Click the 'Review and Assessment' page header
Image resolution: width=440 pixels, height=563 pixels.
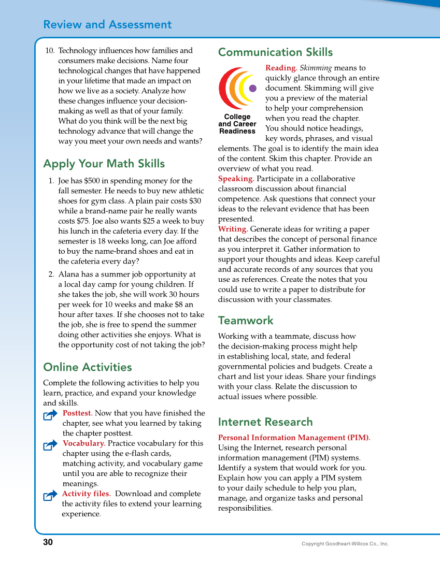(x=107, y=25)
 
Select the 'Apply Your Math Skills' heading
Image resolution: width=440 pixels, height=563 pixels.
(x=104, y=164)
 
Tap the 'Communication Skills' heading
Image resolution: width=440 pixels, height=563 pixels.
(x=275, y=52)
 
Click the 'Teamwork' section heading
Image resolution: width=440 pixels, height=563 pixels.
(x=246, y=321)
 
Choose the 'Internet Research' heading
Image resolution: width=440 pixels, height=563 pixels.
(x=265, y=422)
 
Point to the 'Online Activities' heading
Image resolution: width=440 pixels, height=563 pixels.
(x=88, y=367)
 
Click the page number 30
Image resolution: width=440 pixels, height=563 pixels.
(x=48, y=542)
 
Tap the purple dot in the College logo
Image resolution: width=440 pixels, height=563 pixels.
(x=253, y=88)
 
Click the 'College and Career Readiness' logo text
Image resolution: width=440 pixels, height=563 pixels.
(x=237, y=124)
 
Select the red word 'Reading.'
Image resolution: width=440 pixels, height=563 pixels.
(x=281, y=68)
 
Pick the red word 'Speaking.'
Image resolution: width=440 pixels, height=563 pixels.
(x=236, y=179)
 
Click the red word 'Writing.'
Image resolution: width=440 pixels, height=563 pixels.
(x=233, y=229)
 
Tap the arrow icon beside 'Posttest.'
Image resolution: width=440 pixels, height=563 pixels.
(x=50, y=414)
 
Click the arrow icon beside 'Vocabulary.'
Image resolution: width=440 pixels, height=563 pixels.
(x=50, y=445)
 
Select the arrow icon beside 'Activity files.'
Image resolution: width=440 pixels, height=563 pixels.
(x=50, y=496)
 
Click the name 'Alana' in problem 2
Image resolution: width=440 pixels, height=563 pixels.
(x=69, y=275)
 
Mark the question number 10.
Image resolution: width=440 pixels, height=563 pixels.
(x=50, y=51)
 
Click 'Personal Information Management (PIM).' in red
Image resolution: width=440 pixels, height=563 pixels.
(x=294, y=438)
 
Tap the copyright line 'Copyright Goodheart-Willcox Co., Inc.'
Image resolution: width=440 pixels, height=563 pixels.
(x=345, y=544)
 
